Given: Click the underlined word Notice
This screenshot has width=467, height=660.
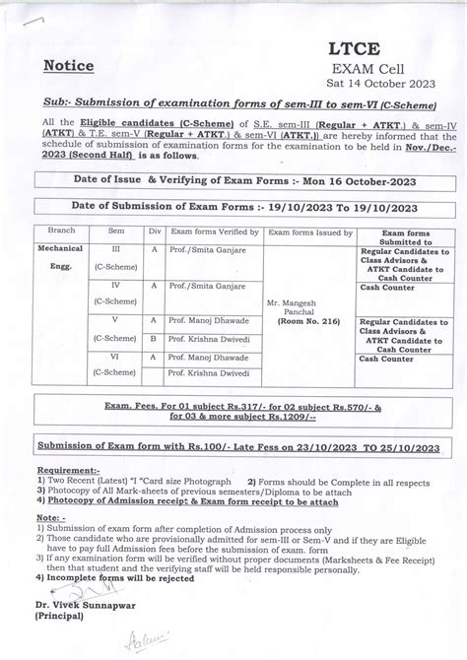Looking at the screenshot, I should (69, 66).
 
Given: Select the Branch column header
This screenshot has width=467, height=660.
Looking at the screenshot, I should (48, 232).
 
